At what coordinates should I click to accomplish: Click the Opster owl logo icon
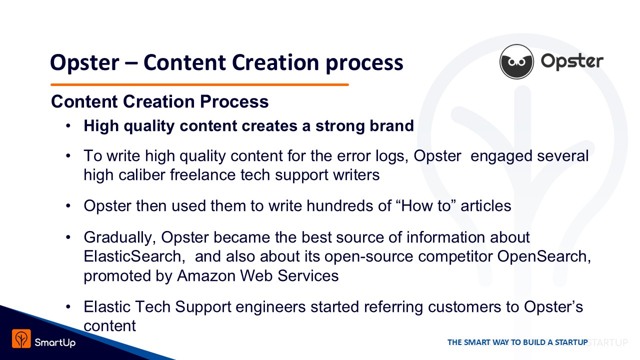point(516,61)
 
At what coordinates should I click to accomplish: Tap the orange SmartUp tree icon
point(21,338)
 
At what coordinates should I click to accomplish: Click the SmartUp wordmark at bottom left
point(55,342)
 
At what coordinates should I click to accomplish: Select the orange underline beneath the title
point(199,84)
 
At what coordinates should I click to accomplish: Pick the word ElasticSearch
point(132,256)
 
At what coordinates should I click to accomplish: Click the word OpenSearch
point(543,256)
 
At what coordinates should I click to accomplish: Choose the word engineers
point(270,307)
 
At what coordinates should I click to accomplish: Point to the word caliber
point(142,174)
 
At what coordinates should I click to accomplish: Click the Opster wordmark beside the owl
point(572,61)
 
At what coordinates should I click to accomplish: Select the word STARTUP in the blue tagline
point(571,342)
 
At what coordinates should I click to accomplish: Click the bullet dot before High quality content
point(68,125)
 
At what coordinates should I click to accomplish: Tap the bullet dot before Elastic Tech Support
point(68,307)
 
